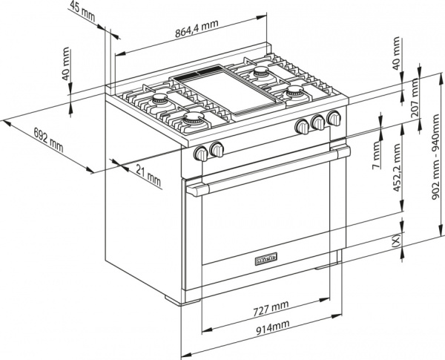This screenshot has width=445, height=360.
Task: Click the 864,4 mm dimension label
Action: [196, 33]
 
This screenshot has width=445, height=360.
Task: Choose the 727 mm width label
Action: [268, 307]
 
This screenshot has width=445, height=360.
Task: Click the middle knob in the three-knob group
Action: [318, 122]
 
